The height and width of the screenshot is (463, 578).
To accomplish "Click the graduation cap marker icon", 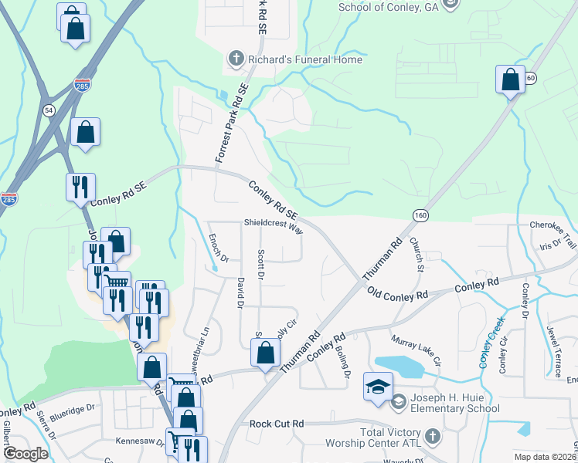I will (x=378, y=387).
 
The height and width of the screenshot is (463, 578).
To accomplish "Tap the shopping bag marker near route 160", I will (x=510, y=79).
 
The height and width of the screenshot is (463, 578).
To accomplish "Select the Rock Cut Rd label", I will (x=277, y=424).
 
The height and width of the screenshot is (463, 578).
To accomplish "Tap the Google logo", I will (x=26, y=454).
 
